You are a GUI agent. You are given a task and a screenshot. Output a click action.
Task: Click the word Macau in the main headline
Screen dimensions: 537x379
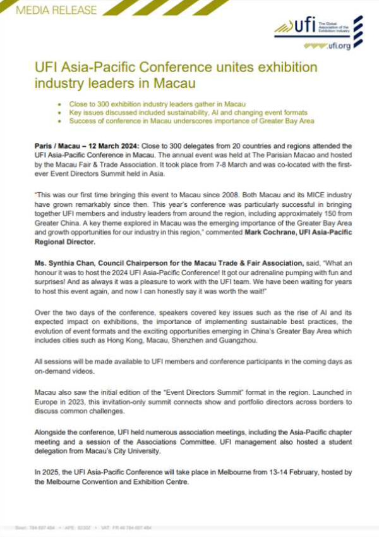coord(173,82)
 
